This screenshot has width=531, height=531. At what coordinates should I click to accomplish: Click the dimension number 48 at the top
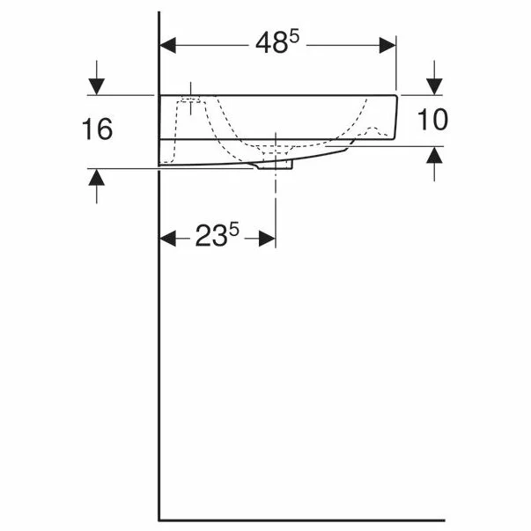(x=271, y=44)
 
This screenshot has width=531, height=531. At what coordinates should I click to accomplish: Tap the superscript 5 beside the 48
(x=294, y=37)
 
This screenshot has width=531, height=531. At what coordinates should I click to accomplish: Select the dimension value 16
(x=97, y=129)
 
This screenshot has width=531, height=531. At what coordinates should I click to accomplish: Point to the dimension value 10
(x=432, y=120)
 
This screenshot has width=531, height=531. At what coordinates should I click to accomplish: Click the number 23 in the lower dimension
(x=210, y=236)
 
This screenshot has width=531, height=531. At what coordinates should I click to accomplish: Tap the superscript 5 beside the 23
(x=233, y=229)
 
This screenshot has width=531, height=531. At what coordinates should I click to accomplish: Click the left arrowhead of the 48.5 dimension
(x=167, y=46)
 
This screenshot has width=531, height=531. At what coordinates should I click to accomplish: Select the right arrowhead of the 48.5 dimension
(x=387, y=46)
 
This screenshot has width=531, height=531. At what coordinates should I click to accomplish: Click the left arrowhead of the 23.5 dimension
(x=167, y=239)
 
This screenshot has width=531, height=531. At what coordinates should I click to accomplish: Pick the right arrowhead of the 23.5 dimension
(x=267, y=239)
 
